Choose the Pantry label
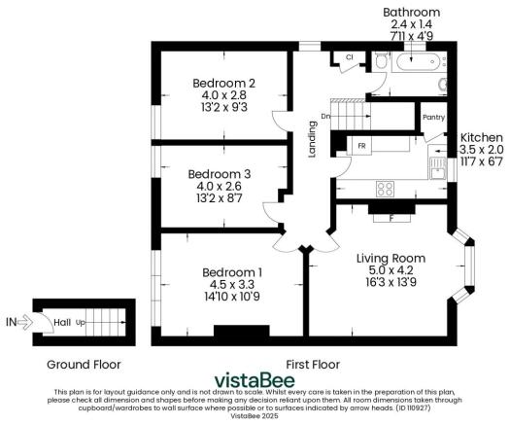433,117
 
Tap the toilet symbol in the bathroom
382,62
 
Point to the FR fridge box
361,146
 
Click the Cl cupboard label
348,58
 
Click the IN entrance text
12,321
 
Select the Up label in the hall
81,321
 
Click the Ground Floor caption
84,365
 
